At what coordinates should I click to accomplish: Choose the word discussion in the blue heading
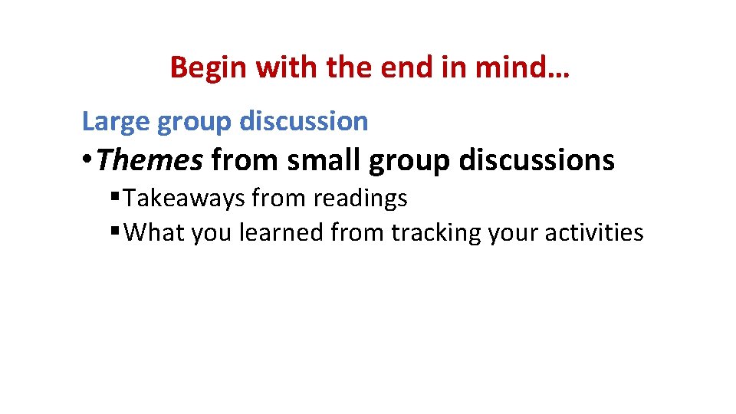pos(304,121)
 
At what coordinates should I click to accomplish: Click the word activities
pos(594,232)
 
